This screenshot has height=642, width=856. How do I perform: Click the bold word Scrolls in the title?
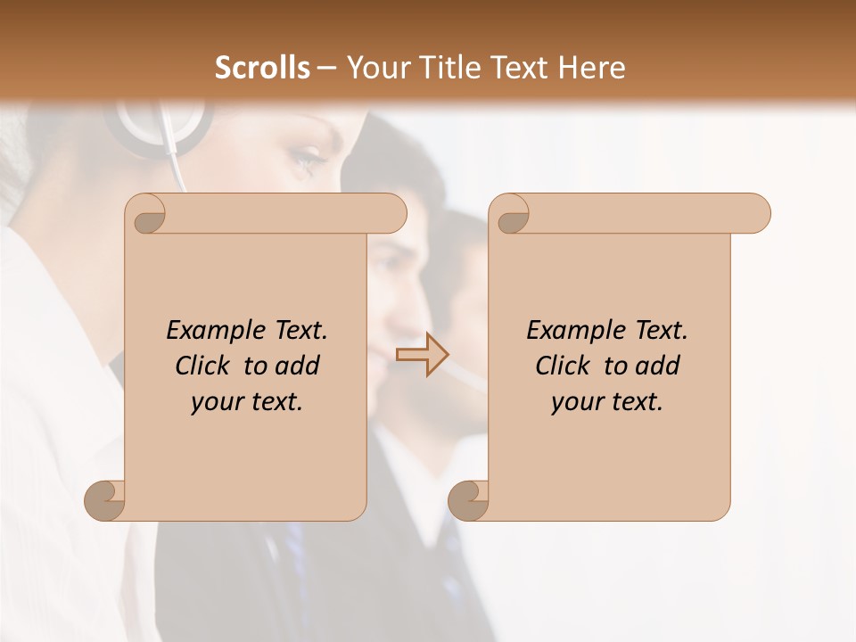coord(262,68)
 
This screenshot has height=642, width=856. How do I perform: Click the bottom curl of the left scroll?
coord(105,499)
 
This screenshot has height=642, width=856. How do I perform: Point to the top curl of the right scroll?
coord(510,215)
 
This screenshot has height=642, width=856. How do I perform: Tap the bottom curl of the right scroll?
coord(468,499)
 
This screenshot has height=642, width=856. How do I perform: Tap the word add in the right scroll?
coord(656,366)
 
